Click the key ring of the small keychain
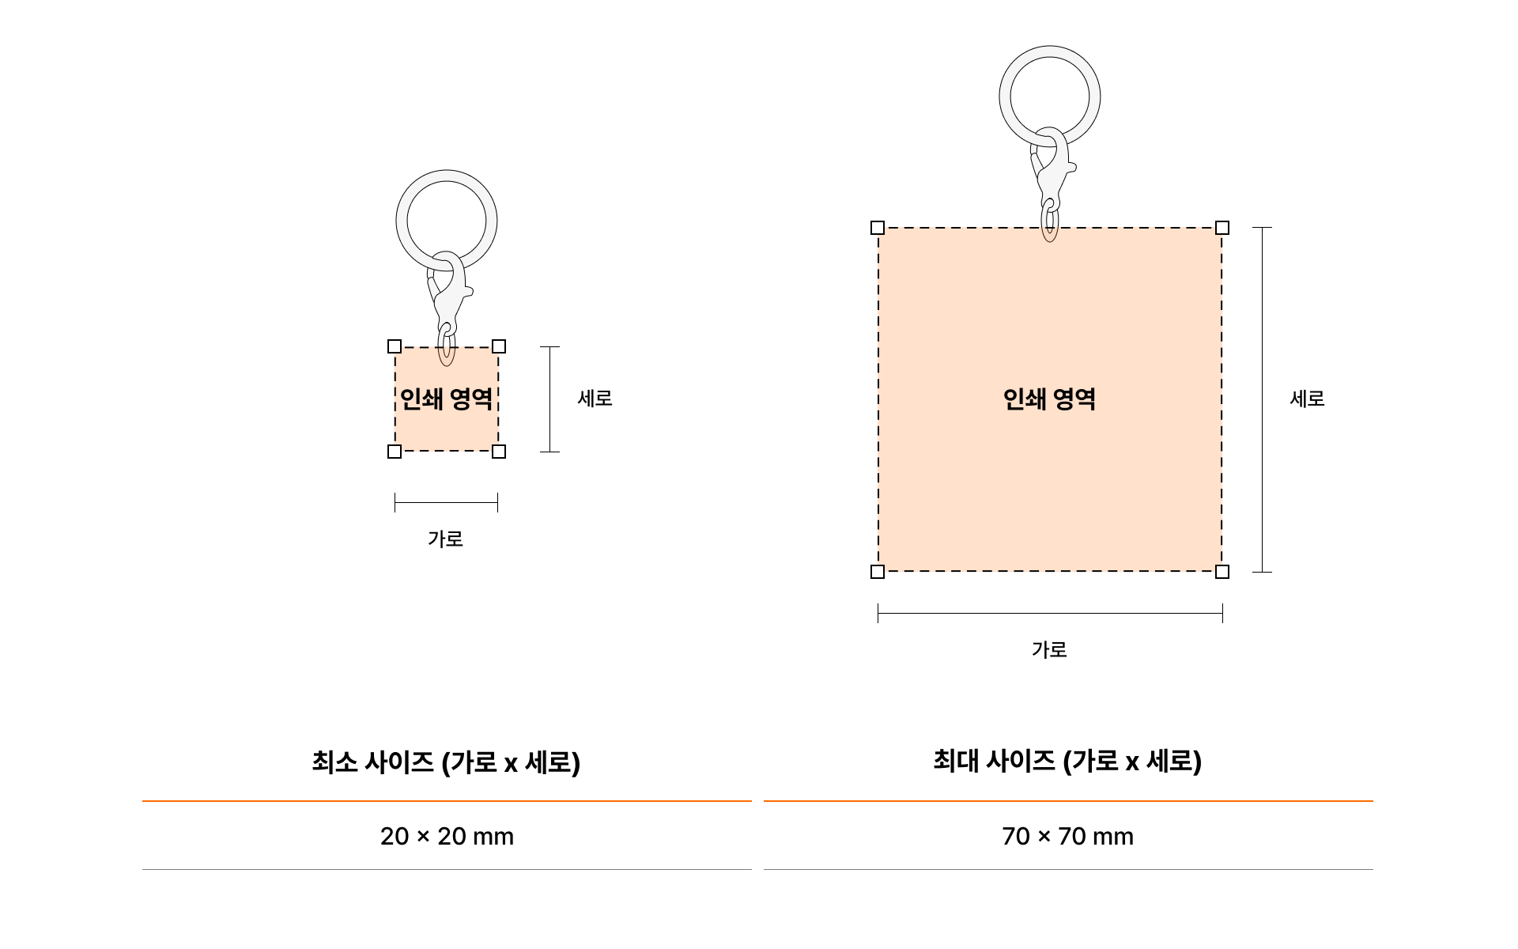[400, 220]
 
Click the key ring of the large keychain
[1004, 96]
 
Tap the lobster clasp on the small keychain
[449, 293]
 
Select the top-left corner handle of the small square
[395, 346]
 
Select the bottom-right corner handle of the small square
[499, 452]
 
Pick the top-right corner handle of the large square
[1222, 228]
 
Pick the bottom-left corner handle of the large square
[878, 572]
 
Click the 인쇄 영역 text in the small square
[447, 399]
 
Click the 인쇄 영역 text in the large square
[1049, 399]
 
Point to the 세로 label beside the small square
[595, 399]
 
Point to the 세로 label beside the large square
[1308, 399]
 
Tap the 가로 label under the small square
[445, 539]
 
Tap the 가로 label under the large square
[1049, 650]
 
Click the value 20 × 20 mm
[447, 837]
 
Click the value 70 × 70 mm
[1067, 837]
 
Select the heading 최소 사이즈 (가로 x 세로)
[446, 762]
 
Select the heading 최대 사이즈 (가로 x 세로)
[1067, 762]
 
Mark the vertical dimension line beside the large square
[1263, 399]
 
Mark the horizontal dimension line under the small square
[446, 502]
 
